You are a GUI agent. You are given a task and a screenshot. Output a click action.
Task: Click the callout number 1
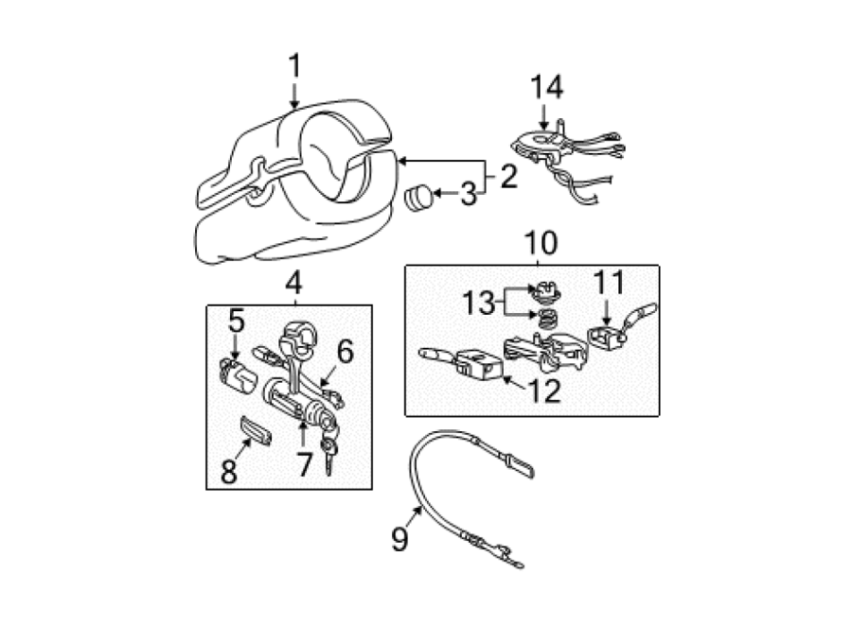coord(294,66)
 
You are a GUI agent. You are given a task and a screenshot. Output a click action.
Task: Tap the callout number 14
coord(546,87)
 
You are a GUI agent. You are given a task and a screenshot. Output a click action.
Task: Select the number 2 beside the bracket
coord(508,176)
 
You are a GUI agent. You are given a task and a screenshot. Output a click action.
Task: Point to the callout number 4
coord(293,283)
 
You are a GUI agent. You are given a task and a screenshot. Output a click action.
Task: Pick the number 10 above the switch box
coord(541,243)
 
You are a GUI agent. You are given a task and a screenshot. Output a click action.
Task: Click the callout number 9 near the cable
coord(399,539)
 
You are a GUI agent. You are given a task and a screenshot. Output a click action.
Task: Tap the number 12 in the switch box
coord(544,391)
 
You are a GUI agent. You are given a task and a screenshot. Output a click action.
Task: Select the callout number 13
coord(478,302)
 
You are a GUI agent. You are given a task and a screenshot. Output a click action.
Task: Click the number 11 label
coord(609,282)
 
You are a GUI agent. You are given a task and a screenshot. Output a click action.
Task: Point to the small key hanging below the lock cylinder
coord(329,456)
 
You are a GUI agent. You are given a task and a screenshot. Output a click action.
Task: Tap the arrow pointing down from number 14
coord(545,116)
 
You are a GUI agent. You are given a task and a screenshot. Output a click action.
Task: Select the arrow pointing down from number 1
coord(294,96)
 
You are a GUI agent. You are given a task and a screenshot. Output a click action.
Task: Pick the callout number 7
coord(304,464)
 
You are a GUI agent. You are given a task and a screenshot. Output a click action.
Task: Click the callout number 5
coord(237,321)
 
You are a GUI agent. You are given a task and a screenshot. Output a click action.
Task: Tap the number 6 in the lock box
coord(345,351)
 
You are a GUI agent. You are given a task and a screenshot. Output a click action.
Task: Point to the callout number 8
coord(229,470)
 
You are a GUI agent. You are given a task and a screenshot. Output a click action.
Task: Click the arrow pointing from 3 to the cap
coord(446,193)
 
